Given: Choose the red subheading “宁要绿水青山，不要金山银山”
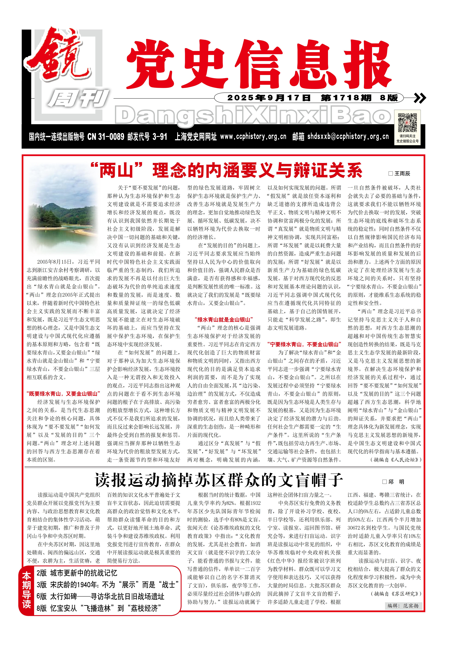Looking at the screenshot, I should [304, 344].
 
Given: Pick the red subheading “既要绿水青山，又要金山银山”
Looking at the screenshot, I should [63, 394].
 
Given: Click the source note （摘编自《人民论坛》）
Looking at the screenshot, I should [396, 460].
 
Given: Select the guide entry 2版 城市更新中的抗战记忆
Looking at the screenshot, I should [77, 573].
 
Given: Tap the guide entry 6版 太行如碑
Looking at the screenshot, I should [100, 596].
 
